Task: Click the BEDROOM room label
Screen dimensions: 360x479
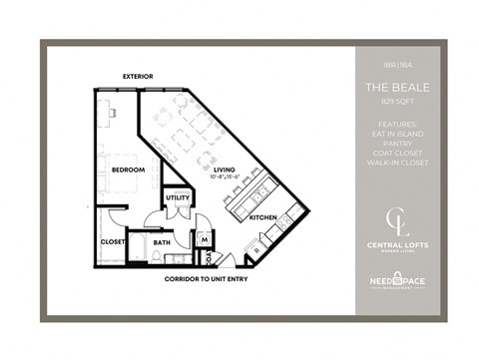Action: click(130, 170)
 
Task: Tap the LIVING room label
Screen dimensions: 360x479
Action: click(225, 170)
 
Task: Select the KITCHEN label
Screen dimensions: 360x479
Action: click(262, 216)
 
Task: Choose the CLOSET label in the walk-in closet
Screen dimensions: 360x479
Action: click(113, 241)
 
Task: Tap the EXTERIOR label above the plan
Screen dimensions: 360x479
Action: click(137, 76)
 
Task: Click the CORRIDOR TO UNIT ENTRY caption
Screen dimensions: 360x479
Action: click(207, 279)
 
